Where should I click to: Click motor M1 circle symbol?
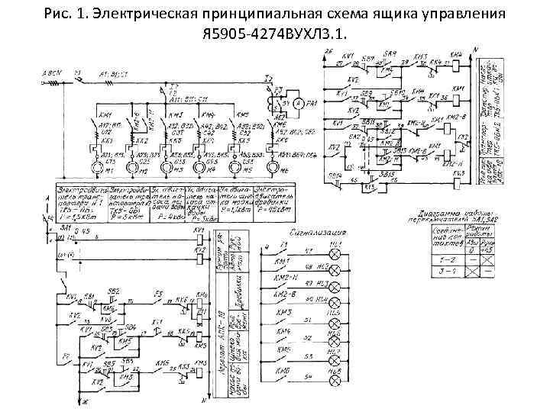point(97,167)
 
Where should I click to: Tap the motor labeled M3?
point(166,167)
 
